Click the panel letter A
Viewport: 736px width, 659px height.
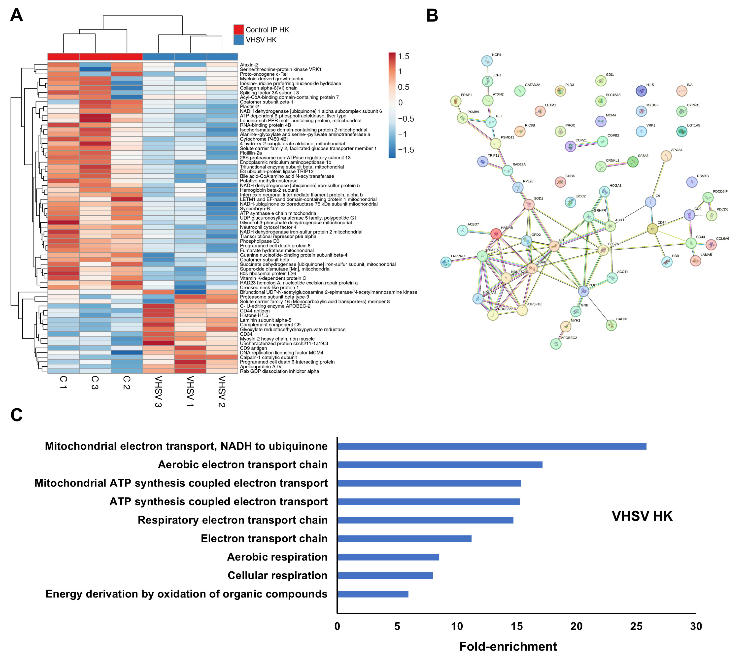(16, 15)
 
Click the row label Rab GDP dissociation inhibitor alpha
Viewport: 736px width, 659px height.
(279, 371)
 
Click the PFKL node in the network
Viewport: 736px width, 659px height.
(583, 291)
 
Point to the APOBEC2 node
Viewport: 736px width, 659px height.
(556, 344)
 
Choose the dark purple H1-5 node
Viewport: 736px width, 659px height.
(641, 91)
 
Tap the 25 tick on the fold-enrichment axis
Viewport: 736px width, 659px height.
(636, 626)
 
